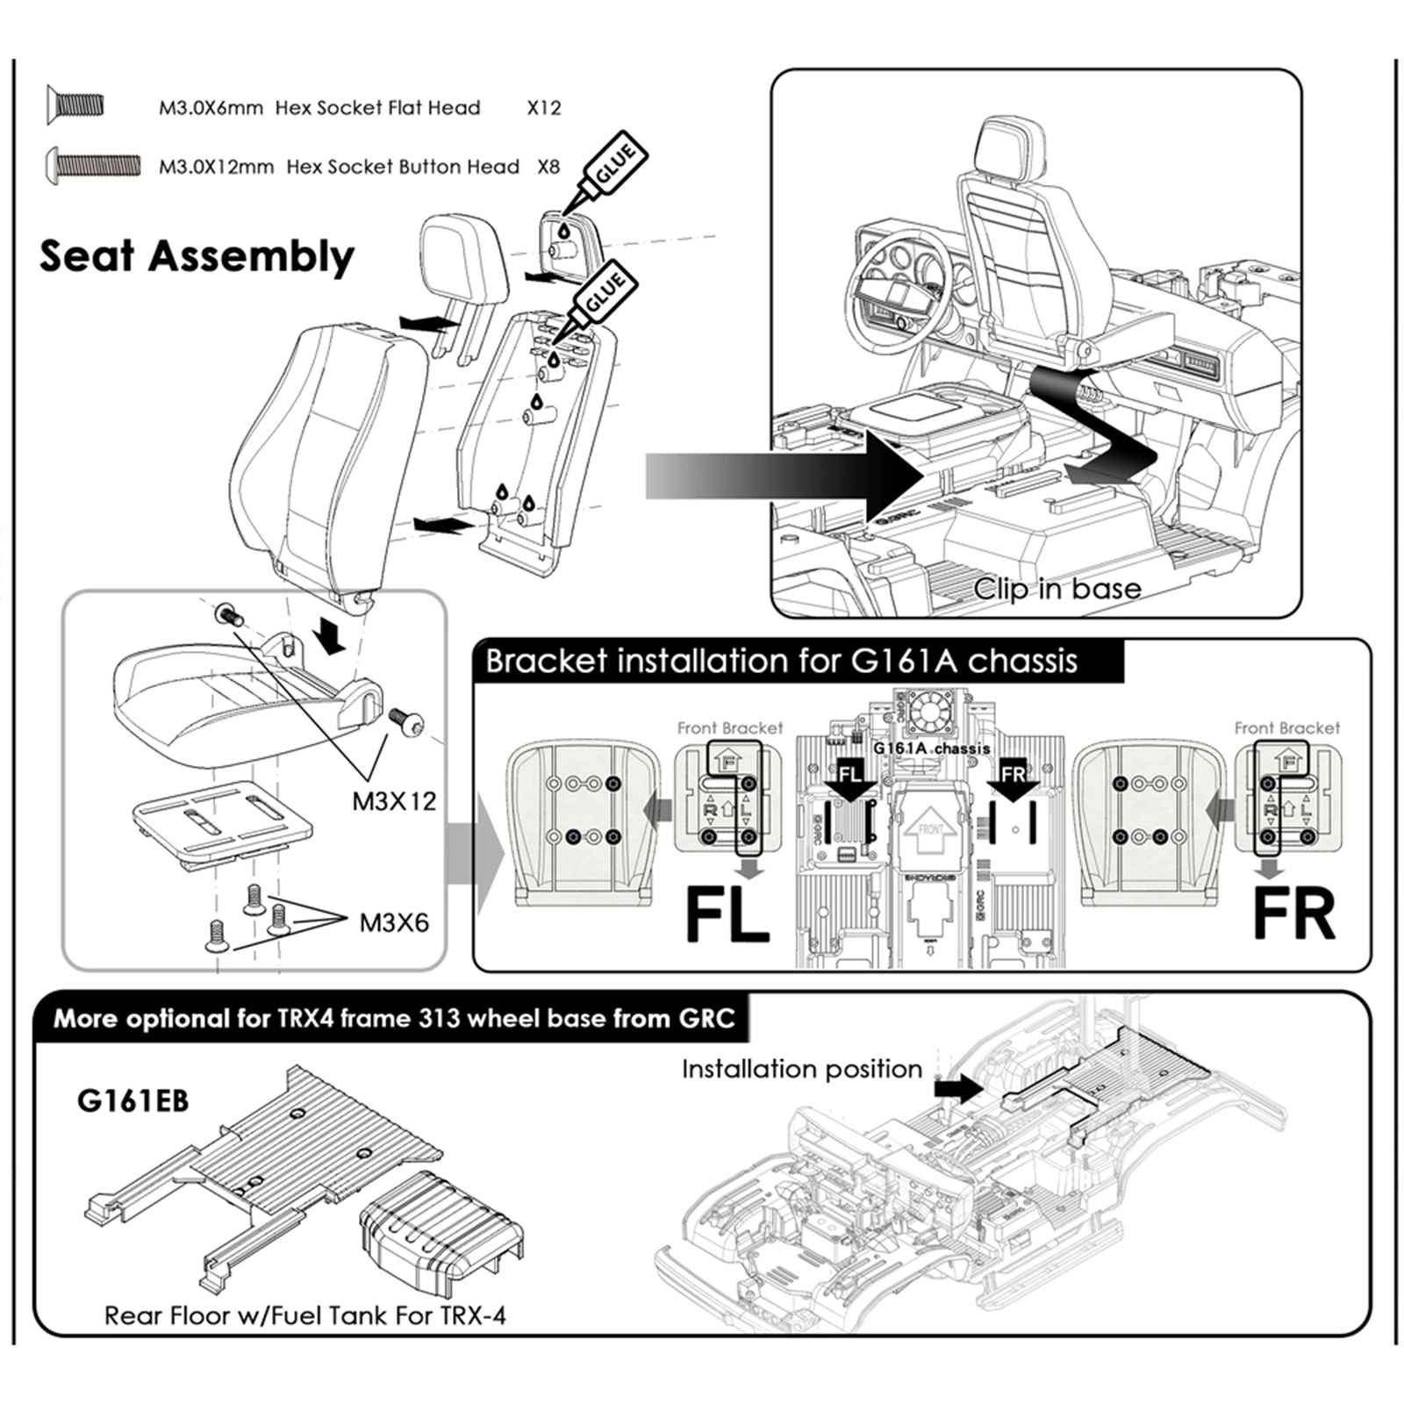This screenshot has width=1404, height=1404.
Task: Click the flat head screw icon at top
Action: point(75,105)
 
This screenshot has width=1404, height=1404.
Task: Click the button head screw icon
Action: point(92,164)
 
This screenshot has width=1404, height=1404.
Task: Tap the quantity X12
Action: point(543,108)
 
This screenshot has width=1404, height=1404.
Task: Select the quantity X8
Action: point(548,167)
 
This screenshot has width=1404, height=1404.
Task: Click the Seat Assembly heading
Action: point(197,256)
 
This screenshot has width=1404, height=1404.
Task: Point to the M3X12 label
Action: point(394,801)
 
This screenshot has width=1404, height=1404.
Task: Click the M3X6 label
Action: point(394,922)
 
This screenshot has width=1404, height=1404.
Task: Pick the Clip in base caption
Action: point(1057,589)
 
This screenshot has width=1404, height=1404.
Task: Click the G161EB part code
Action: point(133,1100)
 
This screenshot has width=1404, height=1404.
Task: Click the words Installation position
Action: point(801,1069)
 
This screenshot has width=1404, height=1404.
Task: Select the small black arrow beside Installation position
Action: point(958,1090)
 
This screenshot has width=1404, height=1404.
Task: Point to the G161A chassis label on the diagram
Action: point(931,749)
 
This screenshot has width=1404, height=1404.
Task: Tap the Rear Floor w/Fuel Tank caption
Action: point(304,1315)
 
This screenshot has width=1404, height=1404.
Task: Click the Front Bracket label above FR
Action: point(1286,727)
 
